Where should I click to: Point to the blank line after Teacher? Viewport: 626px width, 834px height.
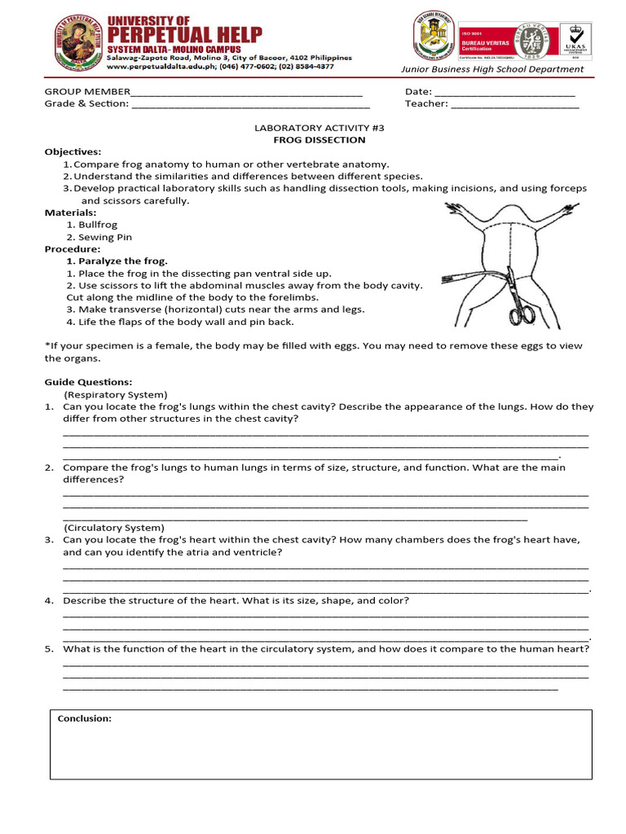514,104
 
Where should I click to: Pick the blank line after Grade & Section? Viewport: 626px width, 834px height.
250,104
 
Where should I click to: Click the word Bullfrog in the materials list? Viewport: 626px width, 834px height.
98,224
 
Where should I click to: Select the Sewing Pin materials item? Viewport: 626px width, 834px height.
105,237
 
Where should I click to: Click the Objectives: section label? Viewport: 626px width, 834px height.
73,151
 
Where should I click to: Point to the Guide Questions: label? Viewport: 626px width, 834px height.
88,382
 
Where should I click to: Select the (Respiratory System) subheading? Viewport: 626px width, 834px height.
115,394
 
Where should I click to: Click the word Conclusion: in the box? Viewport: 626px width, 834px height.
85,718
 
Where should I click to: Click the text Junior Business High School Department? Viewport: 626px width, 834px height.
508,69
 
